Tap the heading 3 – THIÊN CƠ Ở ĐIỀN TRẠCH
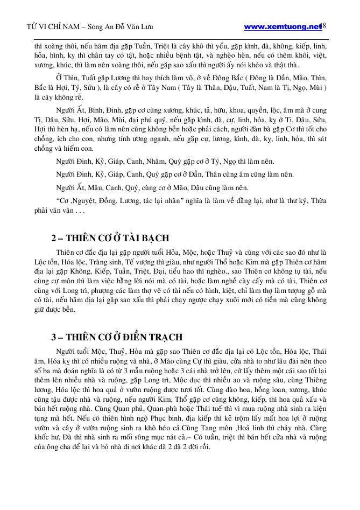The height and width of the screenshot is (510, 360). [117, 337]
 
